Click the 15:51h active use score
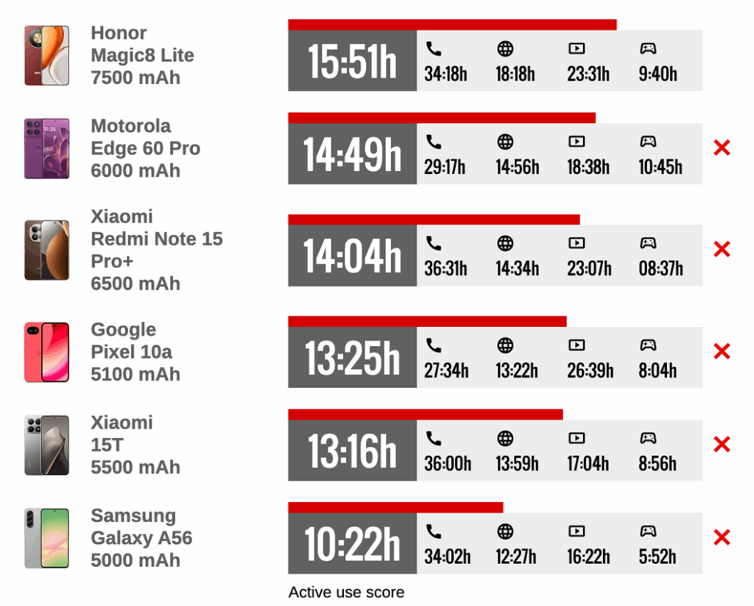352,61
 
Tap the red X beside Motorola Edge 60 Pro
722,148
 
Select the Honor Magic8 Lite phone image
47,55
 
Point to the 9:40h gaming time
658,74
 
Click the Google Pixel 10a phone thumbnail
47,352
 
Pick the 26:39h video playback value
590,370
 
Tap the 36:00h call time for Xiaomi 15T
447,464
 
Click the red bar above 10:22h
395,507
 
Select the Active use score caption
346,592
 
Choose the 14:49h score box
352,155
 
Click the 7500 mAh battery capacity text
135,77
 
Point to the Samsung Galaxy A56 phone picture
47,538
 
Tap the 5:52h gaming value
658,557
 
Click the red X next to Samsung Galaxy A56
722,538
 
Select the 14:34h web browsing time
517,269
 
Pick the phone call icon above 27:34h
434,345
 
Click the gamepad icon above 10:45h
647,141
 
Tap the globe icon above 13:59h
505,439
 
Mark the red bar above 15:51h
452,25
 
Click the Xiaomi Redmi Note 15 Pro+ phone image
47,250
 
